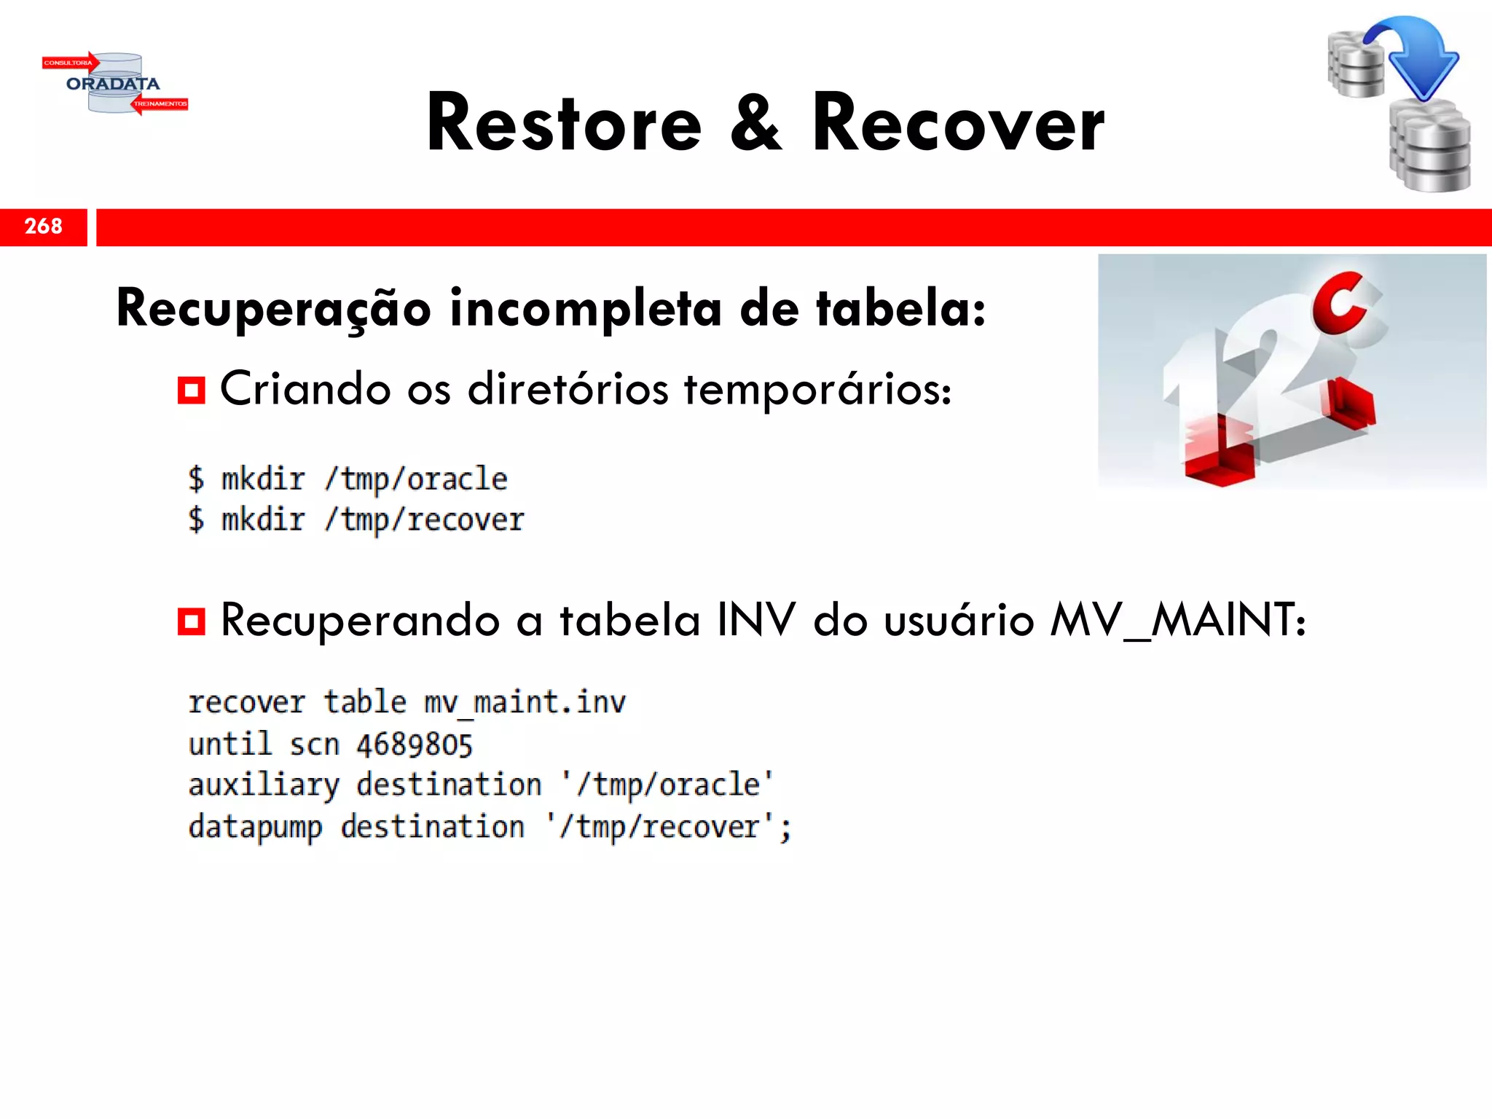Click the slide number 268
(x=44, y=227)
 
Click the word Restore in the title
(x=564, y=124)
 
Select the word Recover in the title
(x=958, y=124)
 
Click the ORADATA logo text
(x=113, y=84)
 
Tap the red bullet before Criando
(x=192, y=390)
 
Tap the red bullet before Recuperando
(x=192, y=622)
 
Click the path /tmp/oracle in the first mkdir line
(x=416, y=479)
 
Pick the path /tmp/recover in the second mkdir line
(x=424, y=520)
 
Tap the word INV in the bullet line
(x=755, y=621)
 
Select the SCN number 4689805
(x=415, y=745)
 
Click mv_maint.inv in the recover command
(x=525, y=702)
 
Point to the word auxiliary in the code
(x=264, y=785)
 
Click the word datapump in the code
(x=255, y=828)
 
